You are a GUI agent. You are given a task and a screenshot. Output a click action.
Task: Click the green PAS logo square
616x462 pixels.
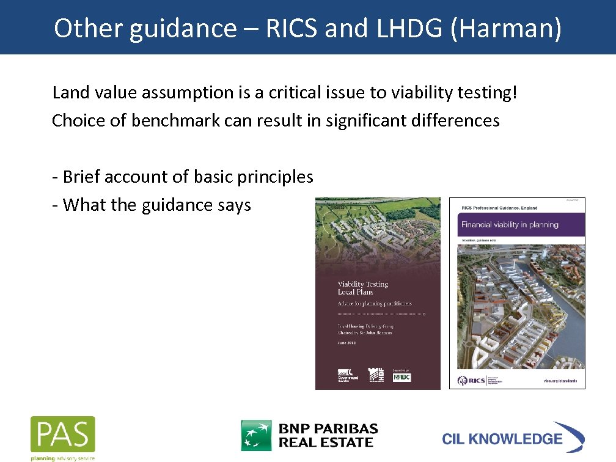(x=63, y=435)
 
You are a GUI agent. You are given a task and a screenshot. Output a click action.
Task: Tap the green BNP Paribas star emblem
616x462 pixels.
(x=256, y=435)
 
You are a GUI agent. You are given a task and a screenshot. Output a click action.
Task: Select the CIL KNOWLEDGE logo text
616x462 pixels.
(x=502, y=439)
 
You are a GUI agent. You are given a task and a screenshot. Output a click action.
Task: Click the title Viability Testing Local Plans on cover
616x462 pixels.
(x=363, y=288)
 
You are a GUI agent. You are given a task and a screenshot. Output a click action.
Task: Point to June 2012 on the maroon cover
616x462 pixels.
(x=347, y=343)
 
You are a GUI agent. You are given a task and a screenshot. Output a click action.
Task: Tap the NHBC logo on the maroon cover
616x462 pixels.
(x=402, y=377)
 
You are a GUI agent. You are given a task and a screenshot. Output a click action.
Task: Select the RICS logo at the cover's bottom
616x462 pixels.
(x=474, y=380)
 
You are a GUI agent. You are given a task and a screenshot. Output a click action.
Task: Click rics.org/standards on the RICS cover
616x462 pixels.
(x=560, y=381)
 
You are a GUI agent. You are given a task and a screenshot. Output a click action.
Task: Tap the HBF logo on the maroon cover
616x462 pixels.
(x=375, y=376)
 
